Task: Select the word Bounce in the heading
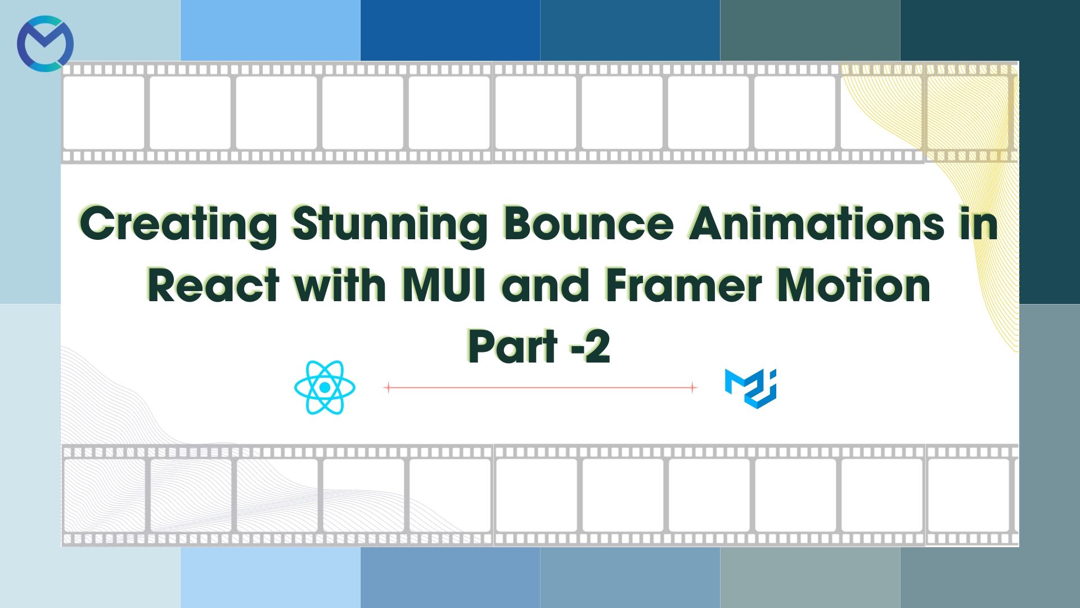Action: [x=588, y=224]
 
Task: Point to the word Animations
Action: [x=817, y=224]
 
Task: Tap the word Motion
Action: [x=854, y=286]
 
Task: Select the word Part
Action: [x=512, y=347]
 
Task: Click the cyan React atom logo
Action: [x=325, y=387]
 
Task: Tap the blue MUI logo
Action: [x=751, y=388]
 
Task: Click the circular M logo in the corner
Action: [x=45, y=43]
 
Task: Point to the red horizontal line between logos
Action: [x=540, y=387]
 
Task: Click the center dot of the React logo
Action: [x=325, y=388]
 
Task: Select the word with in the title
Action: [x=340, y=286]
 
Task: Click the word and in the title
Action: [x=544, y=286]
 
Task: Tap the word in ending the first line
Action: [x=979, y=224]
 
